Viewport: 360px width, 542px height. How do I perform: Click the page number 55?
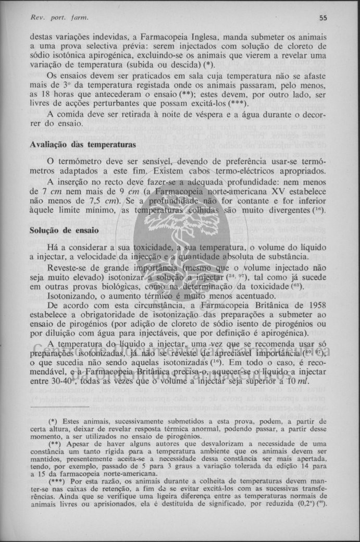(323, 18)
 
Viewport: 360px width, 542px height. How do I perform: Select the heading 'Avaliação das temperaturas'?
(83, 144)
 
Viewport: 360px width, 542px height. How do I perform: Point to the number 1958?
(315, 305)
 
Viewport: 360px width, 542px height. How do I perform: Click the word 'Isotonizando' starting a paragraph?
(72, 296)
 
